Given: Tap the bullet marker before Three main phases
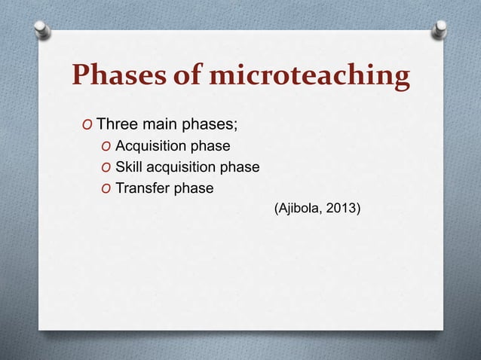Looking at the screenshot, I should pyautogui.click(x=87, y=124).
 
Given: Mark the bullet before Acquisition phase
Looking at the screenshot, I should pyautogui.click(x=106, y=146).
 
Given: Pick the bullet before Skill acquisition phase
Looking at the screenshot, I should pyautogui.click(x=106, y=167).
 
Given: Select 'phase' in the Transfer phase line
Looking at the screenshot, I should pyautogui.click(x=194, y=188).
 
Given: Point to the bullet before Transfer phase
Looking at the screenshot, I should pyautogui.click(x=106, y=188).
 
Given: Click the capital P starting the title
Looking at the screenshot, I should pyautogui.click(x=81, y=77).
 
